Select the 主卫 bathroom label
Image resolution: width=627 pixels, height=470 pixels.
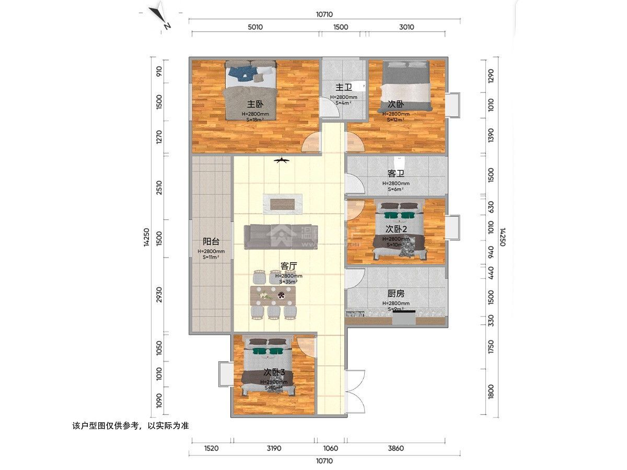tap(343, 87)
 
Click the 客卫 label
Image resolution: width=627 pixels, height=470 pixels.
tap(396, 173)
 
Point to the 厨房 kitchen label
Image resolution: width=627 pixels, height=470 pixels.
tap(396, 293)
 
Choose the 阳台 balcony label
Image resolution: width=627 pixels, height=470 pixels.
tap(211, 241)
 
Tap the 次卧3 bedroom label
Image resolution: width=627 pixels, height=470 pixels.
tap(274, 372)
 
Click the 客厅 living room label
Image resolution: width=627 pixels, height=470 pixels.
tap(288, 266)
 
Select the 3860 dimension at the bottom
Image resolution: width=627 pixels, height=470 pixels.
tap(396, 448)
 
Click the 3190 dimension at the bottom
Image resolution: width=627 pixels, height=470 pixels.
tap(274, 448)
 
